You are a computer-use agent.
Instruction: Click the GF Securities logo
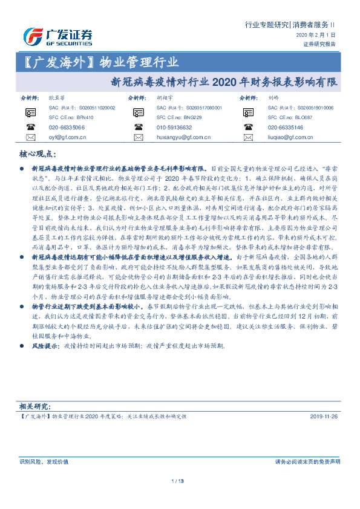click(57, 36)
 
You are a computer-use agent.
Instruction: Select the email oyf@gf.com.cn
click(67, 137)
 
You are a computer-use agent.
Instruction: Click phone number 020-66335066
click(67, 128)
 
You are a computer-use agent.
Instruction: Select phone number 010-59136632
click(174, 128)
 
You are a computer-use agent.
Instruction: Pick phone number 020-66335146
click(286, 128)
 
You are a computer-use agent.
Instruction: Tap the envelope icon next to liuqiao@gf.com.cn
click(250, 137)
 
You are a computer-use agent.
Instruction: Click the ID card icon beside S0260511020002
click(30, 112)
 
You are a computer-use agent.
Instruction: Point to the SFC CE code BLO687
click(303, 117)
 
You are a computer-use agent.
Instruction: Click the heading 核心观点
click(39, 155)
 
